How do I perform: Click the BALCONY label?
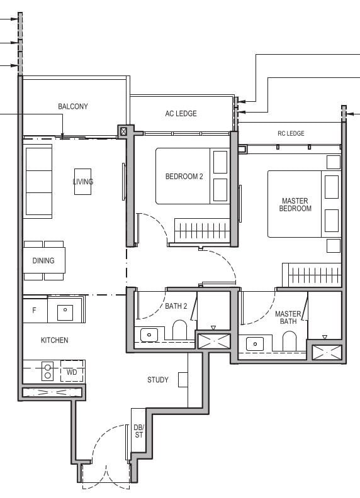coord(73,106)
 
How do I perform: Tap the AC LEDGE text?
coord(181,114)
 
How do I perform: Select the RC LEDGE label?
coord(291,133)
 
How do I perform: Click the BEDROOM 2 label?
coord(184,177)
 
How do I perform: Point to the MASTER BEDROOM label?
coord(296,205)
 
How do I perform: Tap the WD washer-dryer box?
coord(72,372)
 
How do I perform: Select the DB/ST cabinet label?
coord(138,431)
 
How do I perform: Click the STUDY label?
coord(157,380)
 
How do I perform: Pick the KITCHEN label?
coord(54,340)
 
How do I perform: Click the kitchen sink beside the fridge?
coord(65,311)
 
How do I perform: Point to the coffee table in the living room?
coord(83,182)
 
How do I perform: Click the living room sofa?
coord(37,179)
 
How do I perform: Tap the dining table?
coord(44,260)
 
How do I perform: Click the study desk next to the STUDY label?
coord(183,379)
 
